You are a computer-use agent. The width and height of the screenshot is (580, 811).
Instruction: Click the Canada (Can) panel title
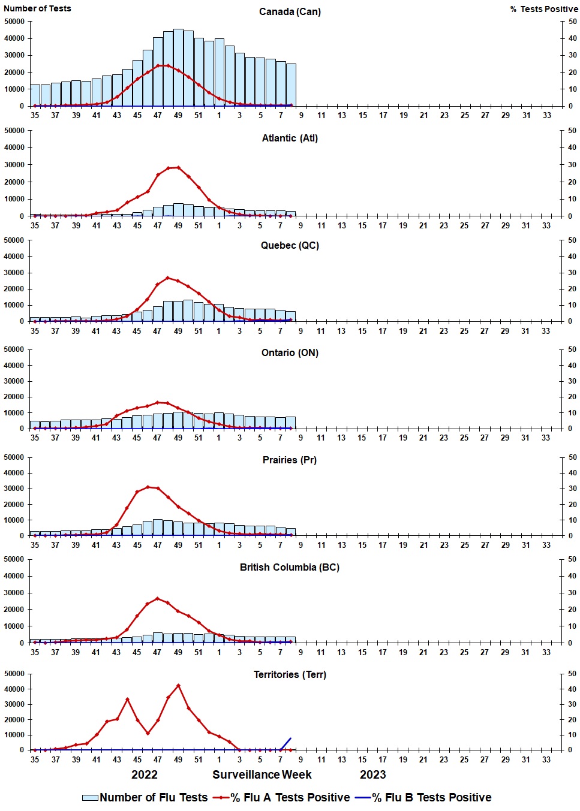click(290, 11)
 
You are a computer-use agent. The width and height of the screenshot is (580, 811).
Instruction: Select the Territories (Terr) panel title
click(290, 674)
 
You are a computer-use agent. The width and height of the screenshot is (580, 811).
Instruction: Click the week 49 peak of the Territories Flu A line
click(178, 686)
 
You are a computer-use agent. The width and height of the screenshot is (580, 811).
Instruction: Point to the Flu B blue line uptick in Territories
click(287, 743)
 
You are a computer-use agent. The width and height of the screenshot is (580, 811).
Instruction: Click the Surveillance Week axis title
click(262, 774)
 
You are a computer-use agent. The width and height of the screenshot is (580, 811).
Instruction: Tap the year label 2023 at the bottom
click(372, 774)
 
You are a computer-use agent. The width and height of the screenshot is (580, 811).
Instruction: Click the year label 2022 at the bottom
click(145, 774)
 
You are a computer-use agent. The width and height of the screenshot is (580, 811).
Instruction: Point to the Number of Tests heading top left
click(37, 8)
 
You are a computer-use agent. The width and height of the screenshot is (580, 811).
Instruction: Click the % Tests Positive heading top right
click(544, 9)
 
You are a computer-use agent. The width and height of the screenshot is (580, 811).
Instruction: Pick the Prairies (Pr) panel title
click(290, 460)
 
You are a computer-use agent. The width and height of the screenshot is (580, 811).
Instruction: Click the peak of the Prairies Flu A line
click(148, 487)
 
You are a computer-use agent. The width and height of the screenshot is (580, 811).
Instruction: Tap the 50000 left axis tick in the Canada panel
click(14, 22)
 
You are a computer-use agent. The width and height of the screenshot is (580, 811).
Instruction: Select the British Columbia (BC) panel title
click(290, 567)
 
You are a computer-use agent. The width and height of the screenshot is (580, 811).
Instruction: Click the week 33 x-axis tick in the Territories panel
click(546, 759)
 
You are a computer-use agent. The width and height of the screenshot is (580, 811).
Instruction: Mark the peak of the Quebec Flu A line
click(168, 278)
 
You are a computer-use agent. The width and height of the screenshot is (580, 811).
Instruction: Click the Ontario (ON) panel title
click(290, 352)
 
